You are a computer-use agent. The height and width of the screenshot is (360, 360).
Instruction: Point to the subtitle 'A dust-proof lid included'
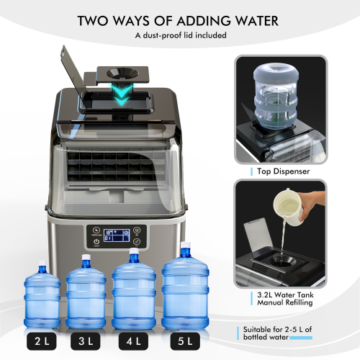pos(179,35)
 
